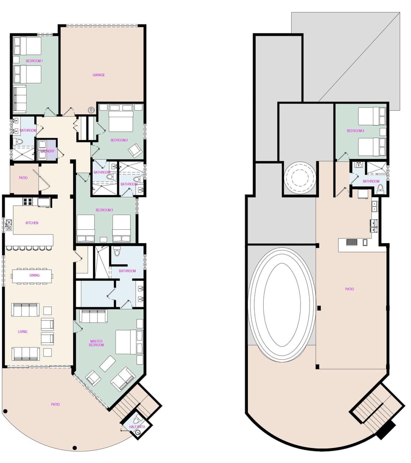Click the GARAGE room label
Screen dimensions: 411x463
click(x=99, y=75)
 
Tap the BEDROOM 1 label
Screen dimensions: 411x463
click(x=34, y=61)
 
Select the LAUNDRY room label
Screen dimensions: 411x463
click(x=48, y=151)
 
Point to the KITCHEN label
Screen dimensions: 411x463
click(x=32, y=223)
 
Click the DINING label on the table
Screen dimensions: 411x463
click(x=35, y=275)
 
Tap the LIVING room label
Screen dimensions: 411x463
click(x=22, y=332)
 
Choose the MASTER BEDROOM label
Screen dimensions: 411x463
click(x=96, y=343)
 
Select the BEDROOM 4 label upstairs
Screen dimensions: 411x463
click(x=355, y=131)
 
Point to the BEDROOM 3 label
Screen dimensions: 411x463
click(x=104, y=210)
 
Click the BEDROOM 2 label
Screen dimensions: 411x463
click(x=119, y=140)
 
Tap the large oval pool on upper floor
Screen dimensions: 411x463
click(x=282, y=304)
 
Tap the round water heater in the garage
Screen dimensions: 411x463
click(x=92, y=110)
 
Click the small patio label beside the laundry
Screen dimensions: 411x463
click(x=23, y=178)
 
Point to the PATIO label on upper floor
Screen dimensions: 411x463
click(x=349, y=289)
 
